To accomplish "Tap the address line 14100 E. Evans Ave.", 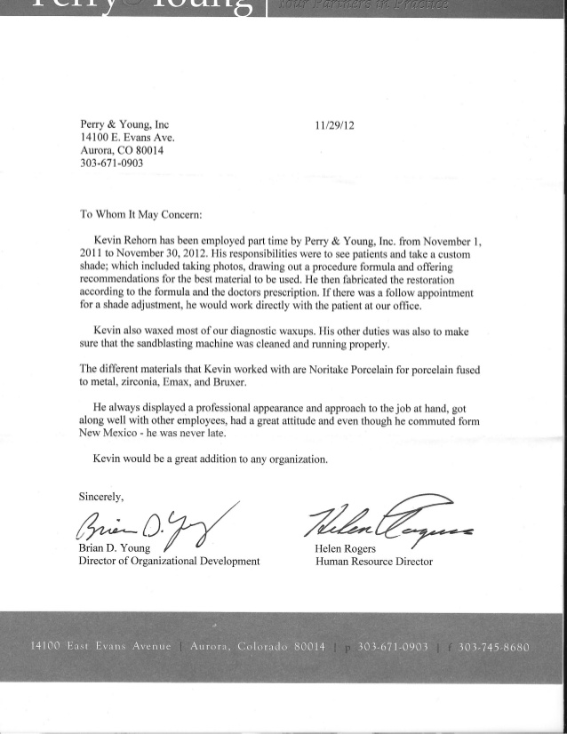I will pyautogui.click(x=127, y=138).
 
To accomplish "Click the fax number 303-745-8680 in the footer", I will pyautogui.click(x=492, y=646).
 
